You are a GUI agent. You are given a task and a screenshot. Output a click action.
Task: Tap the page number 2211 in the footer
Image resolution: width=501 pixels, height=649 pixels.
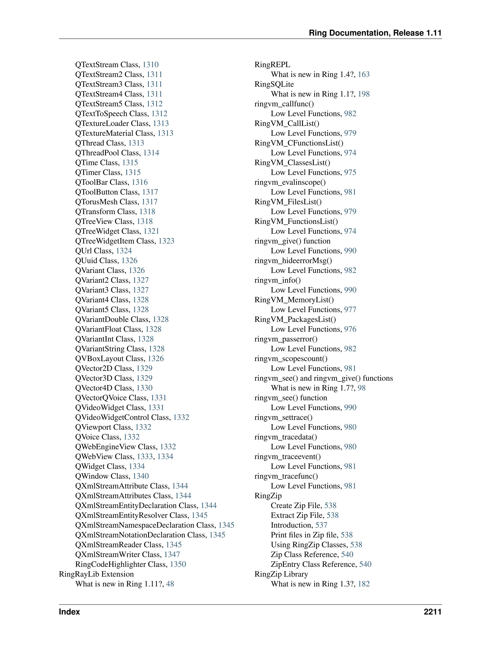click(433, 612)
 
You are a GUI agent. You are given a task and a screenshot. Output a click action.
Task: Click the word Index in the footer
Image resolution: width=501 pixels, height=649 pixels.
click(69, 612)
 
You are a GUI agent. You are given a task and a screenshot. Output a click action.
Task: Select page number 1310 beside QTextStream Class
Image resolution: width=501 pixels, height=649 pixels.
click(150, 65)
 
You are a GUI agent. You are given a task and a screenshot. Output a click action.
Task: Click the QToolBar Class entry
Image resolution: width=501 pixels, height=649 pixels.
click(102, 182)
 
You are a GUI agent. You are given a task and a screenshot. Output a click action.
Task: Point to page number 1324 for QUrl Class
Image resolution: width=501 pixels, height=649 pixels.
click(124, 251)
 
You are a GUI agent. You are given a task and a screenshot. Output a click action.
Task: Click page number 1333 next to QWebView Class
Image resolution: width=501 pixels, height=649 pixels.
click(145, 457)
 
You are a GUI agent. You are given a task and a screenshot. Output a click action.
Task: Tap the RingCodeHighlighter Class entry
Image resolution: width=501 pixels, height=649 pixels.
click(121, 564)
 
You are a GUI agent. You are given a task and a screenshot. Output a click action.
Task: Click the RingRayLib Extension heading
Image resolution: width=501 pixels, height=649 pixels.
click(96, 574)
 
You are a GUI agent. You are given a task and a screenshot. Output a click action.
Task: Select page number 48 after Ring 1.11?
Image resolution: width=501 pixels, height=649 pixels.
click(170, 584)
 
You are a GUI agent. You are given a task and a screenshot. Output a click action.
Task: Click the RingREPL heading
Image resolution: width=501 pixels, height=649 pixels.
click(273, 65)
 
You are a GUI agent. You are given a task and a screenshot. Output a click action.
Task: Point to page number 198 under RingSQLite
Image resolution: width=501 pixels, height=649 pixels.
click(364, 94)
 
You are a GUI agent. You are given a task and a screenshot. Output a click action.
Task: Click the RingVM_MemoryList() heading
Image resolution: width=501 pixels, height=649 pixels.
click(294, 300)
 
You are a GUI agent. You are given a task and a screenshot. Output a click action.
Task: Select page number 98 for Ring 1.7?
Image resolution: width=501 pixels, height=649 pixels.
click(362, 388)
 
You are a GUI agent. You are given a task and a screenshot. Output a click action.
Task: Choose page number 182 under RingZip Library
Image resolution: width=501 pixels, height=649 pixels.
click(364, 584)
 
